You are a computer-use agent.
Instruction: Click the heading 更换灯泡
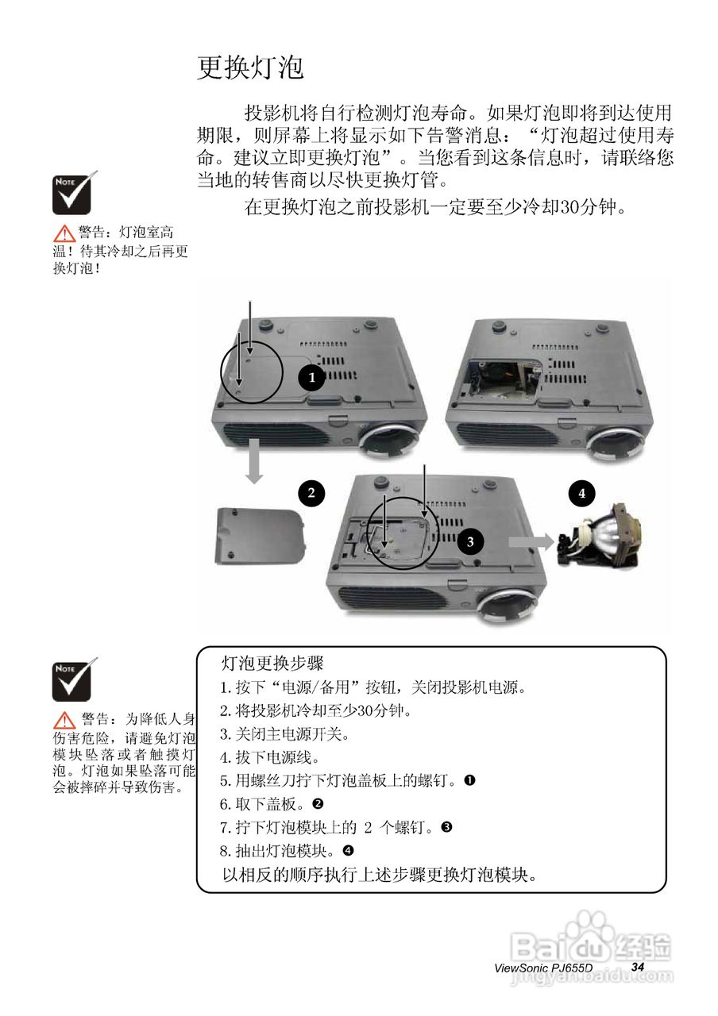tap(250, 68)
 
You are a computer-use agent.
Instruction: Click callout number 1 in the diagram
tap(312, 378)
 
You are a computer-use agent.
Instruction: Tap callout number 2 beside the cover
tap(311, 493)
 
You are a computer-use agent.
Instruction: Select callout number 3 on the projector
tap(470, 542)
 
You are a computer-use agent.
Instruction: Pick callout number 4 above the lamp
tap(581, 493)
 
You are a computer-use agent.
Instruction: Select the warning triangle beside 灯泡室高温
tap(64, 233)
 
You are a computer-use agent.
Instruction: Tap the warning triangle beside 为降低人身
tap(64, 721)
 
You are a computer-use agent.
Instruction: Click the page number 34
tap(638, 966)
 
